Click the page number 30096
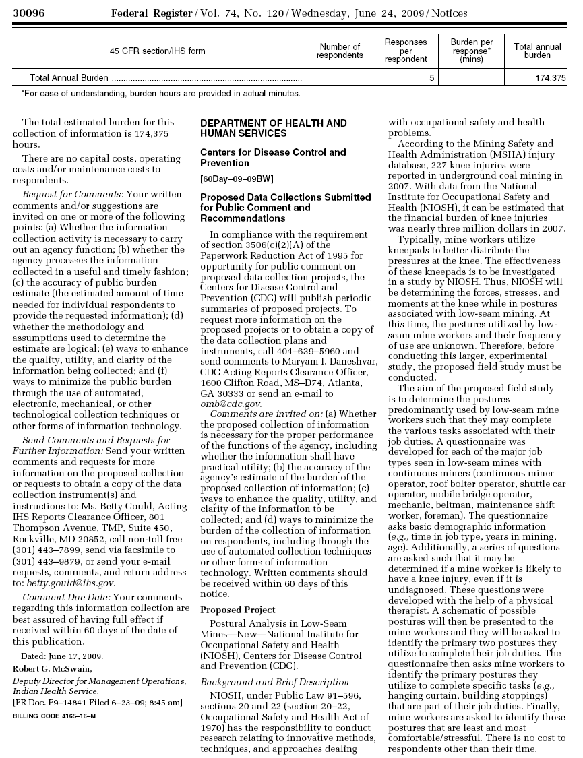[x=28, y=13]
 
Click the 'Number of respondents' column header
[x=340, y=51]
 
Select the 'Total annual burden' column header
[x=537, y=51]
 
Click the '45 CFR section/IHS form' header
[x=158, y=51]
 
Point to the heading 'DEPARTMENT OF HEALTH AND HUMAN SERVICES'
[x=273, y=128]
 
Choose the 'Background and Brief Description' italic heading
[x=274, y=683]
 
